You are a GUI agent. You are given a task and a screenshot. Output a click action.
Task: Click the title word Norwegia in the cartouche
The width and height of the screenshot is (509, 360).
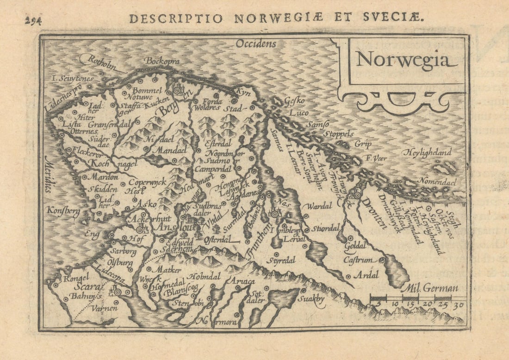(402, 60)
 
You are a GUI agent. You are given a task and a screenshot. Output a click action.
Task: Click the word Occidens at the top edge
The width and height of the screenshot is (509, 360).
(255, 44)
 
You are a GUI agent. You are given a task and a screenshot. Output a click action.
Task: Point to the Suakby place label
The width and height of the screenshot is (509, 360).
(311, 298)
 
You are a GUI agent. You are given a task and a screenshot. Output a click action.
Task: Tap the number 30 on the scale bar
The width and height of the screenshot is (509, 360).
(458, 305)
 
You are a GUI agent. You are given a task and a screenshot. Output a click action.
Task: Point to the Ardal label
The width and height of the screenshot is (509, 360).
(366, 275)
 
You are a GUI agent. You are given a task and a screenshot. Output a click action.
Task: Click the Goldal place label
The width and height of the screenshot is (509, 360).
(355, 245)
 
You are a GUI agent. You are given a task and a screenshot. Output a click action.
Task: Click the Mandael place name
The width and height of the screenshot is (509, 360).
(165, 151)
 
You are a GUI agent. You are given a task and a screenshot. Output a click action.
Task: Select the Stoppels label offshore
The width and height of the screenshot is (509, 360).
(338, 134)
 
